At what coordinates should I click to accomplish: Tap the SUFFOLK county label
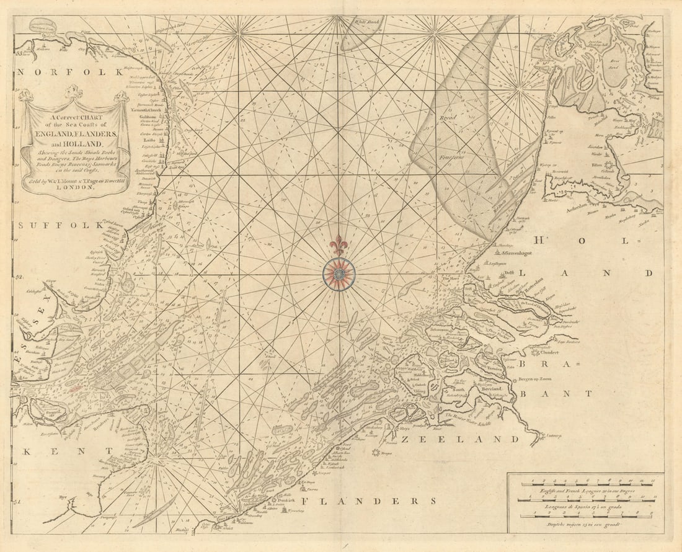(61, 225)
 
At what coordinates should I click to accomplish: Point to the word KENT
(52, 453)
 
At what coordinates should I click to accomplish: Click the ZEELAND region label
(461, 439)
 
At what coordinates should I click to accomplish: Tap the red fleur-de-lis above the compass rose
(339, 246)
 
